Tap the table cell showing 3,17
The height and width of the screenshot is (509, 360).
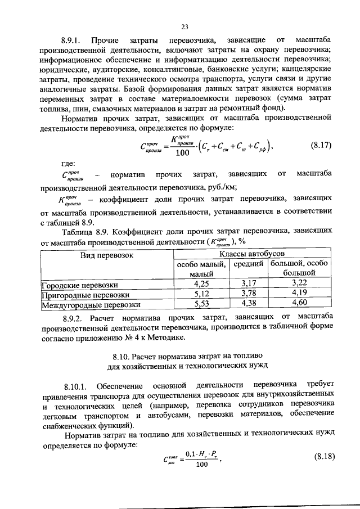pyautogui.click(x=248, y=284)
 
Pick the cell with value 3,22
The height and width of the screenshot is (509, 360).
pyautogui.click(x=299, y=283)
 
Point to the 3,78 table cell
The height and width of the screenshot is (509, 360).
pyautogui.click(x=248, y=294)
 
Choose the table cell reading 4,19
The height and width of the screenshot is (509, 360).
pyautogui.click(x=299, y=294)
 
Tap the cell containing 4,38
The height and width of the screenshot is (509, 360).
pyautogui.click(x=248, y=304)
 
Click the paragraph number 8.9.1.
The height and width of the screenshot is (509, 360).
pyautogui.click(x=72, y=41)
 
